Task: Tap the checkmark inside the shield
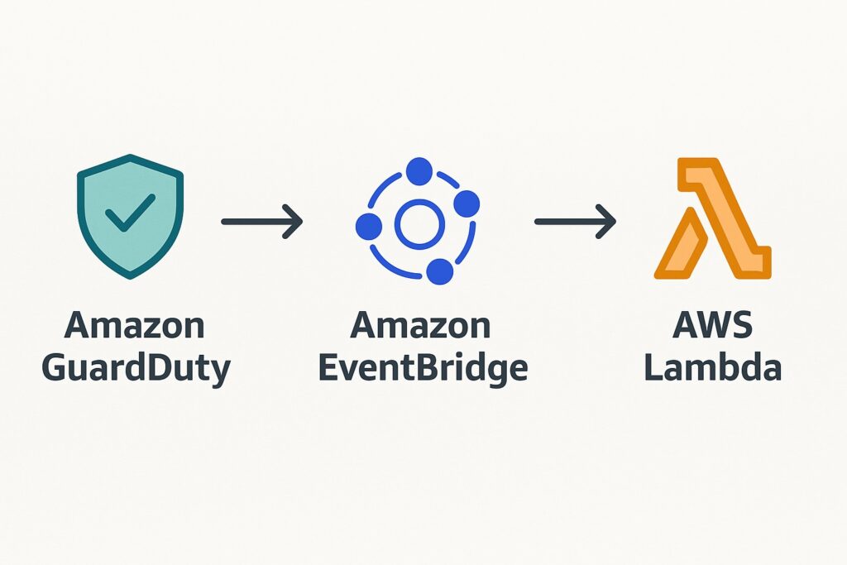130,213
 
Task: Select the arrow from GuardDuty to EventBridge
261,222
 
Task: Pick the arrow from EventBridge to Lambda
575,222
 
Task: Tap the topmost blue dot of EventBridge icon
419,172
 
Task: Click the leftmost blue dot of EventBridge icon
369,225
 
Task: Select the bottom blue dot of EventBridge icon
440,271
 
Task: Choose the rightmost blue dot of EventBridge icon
467,203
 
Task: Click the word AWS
713,326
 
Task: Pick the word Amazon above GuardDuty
134,326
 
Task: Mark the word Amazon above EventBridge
420,326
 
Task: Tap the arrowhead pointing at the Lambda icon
608,222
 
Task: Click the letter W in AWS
713,326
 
